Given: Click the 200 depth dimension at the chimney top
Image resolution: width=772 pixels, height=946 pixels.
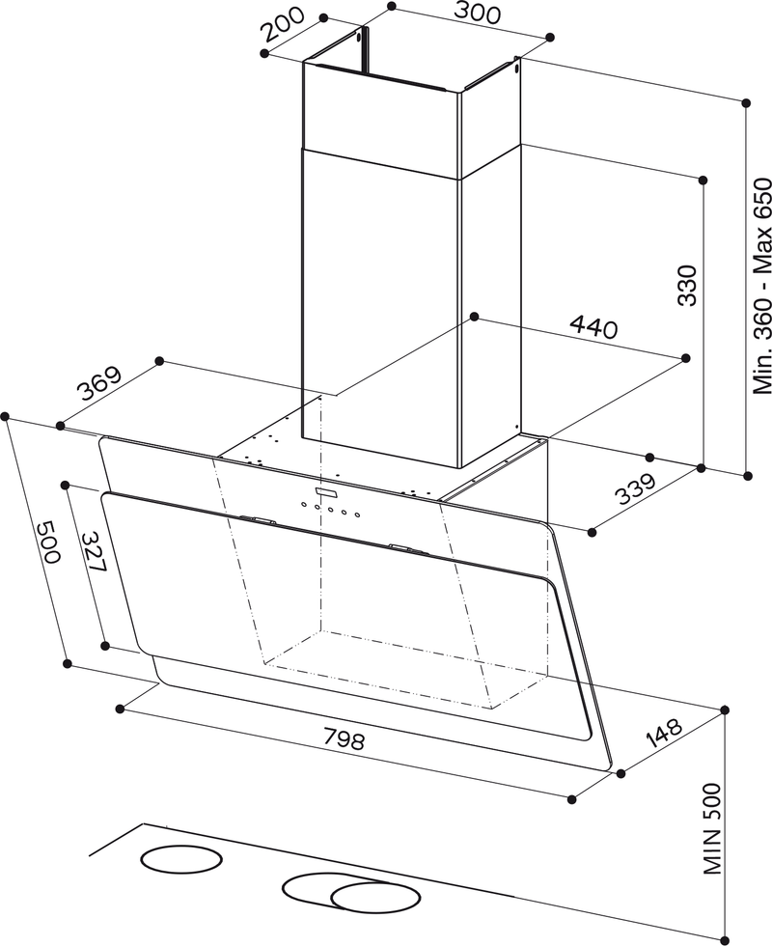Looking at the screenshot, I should [x=284, y=26].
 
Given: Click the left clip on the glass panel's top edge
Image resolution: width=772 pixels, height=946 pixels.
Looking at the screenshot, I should [x=258, y=521].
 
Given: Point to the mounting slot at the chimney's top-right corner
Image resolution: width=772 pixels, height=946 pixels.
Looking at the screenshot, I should [x=517, y=70].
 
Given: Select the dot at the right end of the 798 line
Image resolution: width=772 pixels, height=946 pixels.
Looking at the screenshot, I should [x=572, y=798].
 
